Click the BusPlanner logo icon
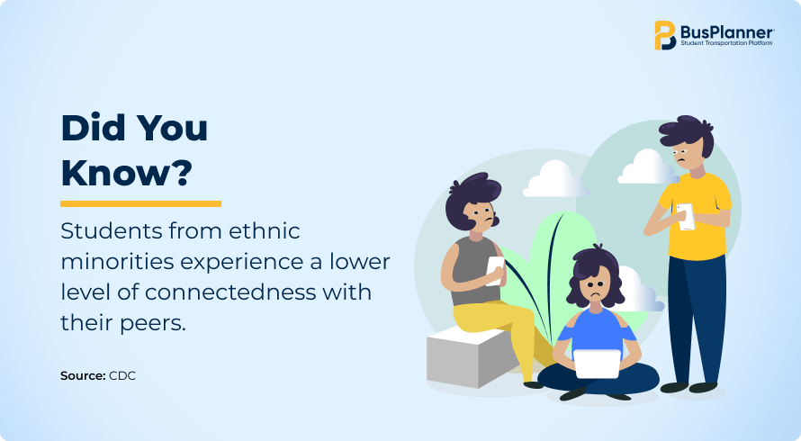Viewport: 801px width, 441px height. click(x=665, y=35)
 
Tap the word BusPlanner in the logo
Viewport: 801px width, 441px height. click(x=727, y=32)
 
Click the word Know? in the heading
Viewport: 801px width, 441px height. click(x=126, y=173)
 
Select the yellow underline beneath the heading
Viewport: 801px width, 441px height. click(x=140, y=204)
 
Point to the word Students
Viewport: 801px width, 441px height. click(x=111, y=231)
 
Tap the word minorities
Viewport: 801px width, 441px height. click(x=118, y=261)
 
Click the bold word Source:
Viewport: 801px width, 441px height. click(x=83, y=375)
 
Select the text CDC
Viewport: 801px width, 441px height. click(x=122, y=375)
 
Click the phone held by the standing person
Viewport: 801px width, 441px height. click(x=686, y=217)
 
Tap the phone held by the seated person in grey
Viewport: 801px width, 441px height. click(x=494, y=271)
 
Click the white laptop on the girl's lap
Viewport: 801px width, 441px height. click(x=597, y=364)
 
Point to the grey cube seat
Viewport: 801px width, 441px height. click(x=467, y=357)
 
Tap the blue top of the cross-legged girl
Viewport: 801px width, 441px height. click(x=596, y=329)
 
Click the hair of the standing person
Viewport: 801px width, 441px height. click(x=686, y=132)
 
